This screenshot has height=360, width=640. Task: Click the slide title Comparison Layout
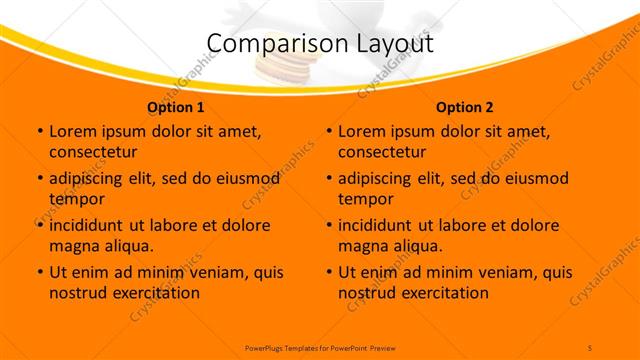click(320, 43)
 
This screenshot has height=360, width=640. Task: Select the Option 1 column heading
click(176, 107)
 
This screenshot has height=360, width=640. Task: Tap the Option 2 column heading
click(465, 107)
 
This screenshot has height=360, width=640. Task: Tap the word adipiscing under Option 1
click(91, 178)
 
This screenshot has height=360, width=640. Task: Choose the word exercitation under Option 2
click(443, 293)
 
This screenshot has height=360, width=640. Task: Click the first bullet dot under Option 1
click(40, 131)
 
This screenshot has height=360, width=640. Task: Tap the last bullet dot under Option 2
click(330, 272)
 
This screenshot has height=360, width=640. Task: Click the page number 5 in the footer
click(590, 346)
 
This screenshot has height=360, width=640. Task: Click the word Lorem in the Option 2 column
click(361, 131)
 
